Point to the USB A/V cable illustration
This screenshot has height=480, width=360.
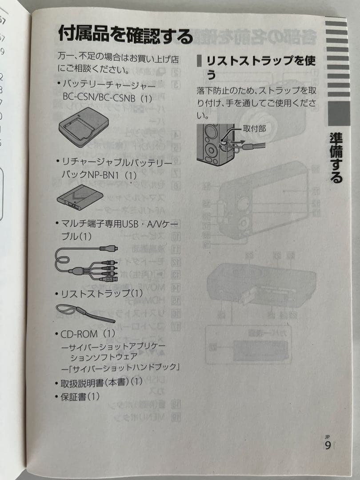[87, 264]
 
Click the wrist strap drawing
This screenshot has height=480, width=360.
[84, 312]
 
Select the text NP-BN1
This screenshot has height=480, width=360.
[105, 175]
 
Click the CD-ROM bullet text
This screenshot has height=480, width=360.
[84, 333]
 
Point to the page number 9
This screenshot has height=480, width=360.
[328, 445]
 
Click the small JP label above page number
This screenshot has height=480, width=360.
[327, 436]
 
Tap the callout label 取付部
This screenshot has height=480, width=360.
[255, 128]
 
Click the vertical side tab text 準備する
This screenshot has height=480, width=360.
[336, 158]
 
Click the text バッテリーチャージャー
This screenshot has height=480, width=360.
[109, 84]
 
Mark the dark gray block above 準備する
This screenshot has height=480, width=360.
[339, 114]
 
